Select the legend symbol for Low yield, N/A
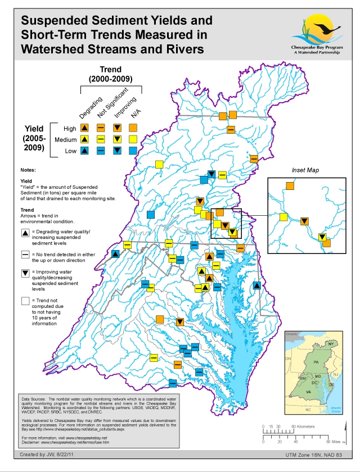click(x=133, y=150)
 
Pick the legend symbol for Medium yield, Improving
click(x=117, y=139)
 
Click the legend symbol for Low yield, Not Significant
click(x=101, y=150)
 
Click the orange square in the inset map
click(x=290, y=185)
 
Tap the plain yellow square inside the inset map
click(x=283, y=217)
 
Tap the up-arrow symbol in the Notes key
click(x=25, y=233)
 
